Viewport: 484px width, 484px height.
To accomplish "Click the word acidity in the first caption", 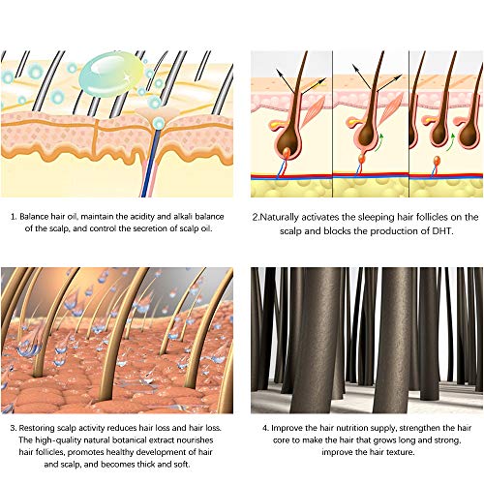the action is [x=142, y=217].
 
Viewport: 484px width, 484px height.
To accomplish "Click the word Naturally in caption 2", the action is [x=280, y=218].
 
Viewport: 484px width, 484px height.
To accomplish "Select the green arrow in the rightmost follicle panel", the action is [x=451, y=142].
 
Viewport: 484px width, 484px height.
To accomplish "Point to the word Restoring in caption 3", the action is [x=36, y=428].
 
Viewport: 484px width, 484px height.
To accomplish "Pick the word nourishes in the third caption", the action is [x=196, y=440].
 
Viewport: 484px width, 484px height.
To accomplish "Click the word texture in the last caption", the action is [x=400, y=452].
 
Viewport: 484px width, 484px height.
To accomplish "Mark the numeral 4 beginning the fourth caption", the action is [x=265, y=428].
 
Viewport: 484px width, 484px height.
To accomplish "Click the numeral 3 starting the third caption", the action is [x=13, y=428].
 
